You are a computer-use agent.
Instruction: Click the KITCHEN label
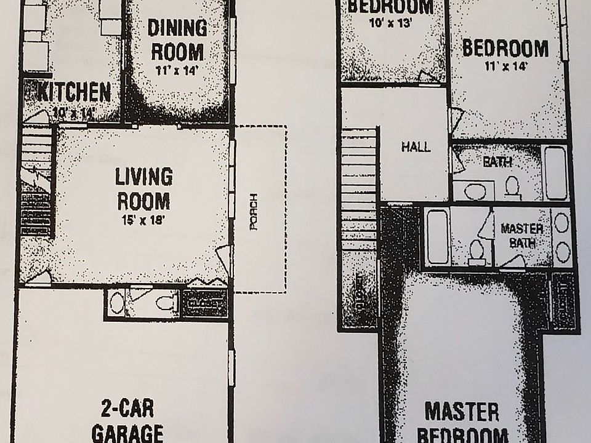74,92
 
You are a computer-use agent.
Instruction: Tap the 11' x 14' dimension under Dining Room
177,70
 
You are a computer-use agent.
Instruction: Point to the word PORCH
253,212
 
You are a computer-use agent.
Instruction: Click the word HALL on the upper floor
416,147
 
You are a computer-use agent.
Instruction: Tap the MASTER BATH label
521,234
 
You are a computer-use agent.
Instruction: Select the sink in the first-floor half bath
116,302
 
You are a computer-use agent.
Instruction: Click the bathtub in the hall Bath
556,172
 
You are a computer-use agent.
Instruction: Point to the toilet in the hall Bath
511,185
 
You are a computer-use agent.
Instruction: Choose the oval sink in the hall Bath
474,191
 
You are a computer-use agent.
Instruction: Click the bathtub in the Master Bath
436,237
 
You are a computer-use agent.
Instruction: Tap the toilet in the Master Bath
476,251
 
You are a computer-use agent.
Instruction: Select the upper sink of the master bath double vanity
561,223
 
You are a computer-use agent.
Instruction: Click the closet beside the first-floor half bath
204,303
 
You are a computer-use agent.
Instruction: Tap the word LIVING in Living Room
143,177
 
